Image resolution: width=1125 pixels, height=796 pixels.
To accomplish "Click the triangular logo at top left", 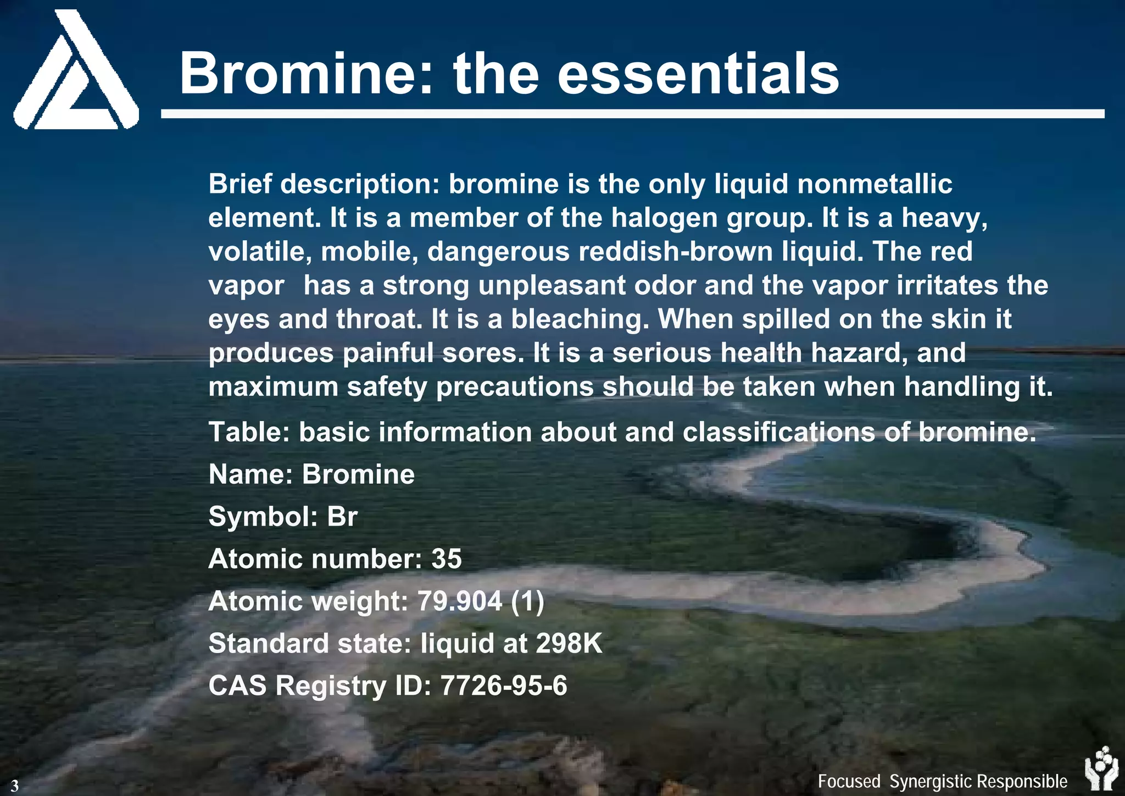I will [x=76, y=71].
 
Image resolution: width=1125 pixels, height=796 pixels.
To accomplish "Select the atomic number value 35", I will [x=446, y=559].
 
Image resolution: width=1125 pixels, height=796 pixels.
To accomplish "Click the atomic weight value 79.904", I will [x=459, y=601].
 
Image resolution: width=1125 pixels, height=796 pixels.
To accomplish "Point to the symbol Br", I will [x=342, y=517].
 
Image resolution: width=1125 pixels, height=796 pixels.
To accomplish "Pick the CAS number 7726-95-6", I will [x=504, y=686].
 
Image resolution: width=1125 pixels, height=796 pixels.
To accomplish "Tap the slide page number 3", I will [x=15, y=786].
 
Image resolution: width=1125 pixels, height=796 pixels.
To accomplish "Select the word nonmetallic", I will [x=875, y=184].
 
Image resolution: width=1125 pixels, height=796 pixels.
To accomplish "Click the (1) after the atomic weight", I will [x=527, y=601].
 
